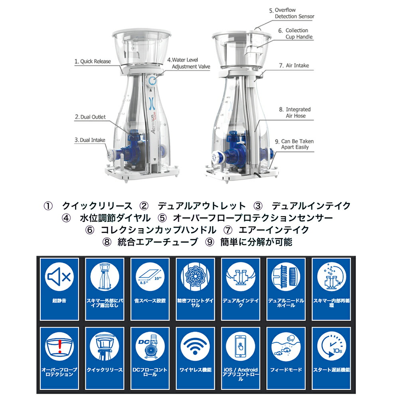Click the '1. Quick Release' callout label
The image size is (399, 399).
(x=93, y=61)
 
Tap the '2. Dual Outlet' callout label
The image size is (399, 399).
(x=90, y=117)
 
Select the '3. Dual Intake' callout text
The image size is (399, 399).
(x=90, y=140)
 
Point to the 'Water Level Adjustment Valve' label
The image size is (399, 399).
(x=189, y=63)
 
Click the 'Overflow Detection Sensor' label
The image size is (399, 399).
(x=292, y=13)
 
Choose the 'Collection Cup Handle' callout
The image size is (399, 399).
(x=295, y=34)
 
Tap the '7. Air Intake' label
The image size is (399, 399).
(x=294, y=66)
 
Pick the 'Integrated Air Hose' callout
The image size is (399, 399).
(x=295, y=113)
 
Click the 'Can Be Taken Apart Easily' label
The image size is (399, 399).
(x=294, y=144)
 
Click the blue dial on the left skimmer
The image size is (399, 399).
(x=152, y=81)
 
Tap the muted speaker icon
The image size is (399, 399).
(x=59, y=277)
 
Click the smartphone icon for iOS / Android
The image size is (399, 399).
(x=241, y=346)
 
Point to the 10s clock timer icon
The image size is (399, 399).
(x=331, y=346)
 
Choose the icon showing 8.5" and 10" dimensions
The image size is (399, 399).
(x=150, y=277)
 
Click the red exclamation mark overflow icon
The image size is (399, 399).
(x=59, y=346)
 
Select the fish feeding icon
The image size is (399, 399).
(x=286, y=346)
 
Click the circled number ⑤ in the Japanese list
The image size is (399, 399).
(x=162, y=218)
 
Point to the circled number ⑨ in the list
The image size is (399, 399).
(x=210, y=242)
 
